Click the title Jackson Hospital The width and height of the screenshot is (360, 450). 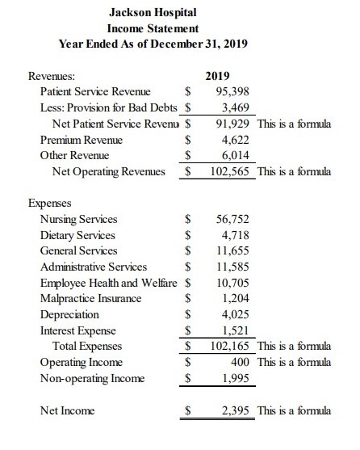(x=152, y=12)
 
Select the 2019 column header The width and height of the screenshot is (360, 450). (x=218, y=76)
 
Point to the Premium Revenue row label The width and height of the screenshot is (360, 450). (x=80, y=140)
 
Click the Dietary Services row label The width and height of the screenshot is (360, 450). (x=77, y=235)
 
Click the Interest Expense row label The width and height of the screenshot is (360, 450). (x=77, y=330)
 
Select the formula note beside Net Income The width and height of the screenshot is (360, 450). (x=294, y=410)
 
